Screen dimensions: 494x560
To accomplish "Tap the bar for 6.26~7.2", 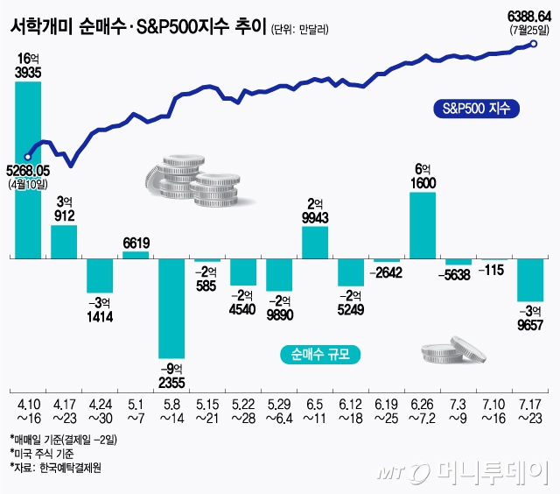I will (x=422, y=225).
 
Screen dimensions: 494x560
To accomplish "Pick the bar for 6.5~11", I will (x=314, y=243).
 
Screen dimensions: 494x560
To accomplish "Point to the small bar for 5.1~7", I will (x=135, y=255).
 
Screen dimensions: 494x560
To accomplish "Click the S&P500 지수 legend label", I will (x=475, y=109).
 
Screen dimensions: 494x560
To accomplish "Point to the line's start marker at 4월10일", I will (x=29, y=157).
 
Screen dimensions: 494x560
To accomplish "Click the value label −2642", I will (x=386, y=272).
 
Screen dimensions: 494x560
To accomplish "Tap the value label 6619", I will (x=136, y=242).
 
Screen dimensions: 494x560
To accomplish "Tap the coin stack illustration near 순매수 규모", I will (x=452, y=349).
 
